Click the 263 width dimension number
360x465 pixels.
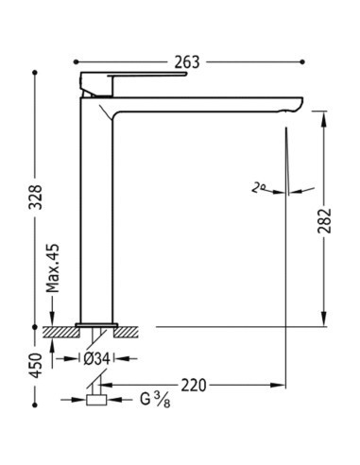(187, 62)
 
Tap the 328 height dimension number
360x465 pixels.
(35, 197)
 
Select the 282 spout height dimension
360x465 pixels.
(324, 220)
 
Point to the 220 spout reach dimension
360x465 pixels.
(194, 385)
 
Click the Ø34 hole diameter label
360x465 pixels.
(96, 358)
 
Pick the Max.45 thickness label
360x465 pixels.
(53, 268)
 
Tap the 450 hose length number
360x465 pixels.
(35, 366)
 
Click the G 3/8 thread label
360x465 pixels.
(155, 400)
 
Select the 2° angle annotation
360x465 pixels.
(259, 188)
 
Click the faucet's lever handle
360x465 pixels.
(147, 75)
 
